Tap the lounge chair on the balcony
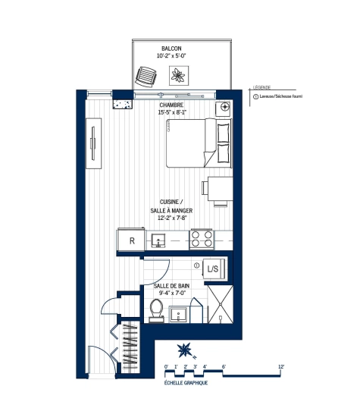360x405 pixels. point(145,76)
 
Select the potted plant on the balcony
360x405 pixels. point(180,75)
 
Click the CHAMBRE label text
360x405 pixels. point(172,105)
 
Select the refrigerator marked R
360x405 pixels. point(131,240)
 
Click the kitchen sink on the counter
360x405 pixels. point(159,240)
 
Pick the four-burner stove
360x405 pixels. point(201,240)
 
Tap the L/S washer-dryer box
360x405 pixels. point(213,268)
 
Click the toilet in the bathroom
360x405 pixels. point(157,309)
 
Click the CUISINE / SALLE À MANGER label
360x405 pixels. point(172,209)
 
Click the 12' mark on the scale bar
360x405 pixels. point(281,366)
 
